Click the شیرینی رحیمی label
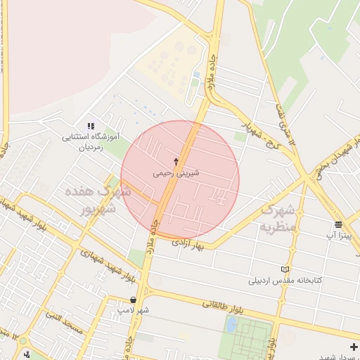point(176,172)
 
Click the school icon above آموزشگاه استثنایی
point(90,125)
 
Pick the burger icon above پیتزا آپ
point(338,225)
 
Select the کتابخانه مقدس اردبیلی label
point(285,280)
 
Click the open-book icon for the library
point(285,269)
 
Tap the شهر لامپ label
point(134,310)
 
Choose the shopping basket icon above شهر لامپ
point(133,300)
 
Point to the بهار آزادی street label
point(191,243)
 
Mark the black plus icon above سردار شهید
point(353,347)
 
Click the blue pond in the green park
point(231,324)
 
